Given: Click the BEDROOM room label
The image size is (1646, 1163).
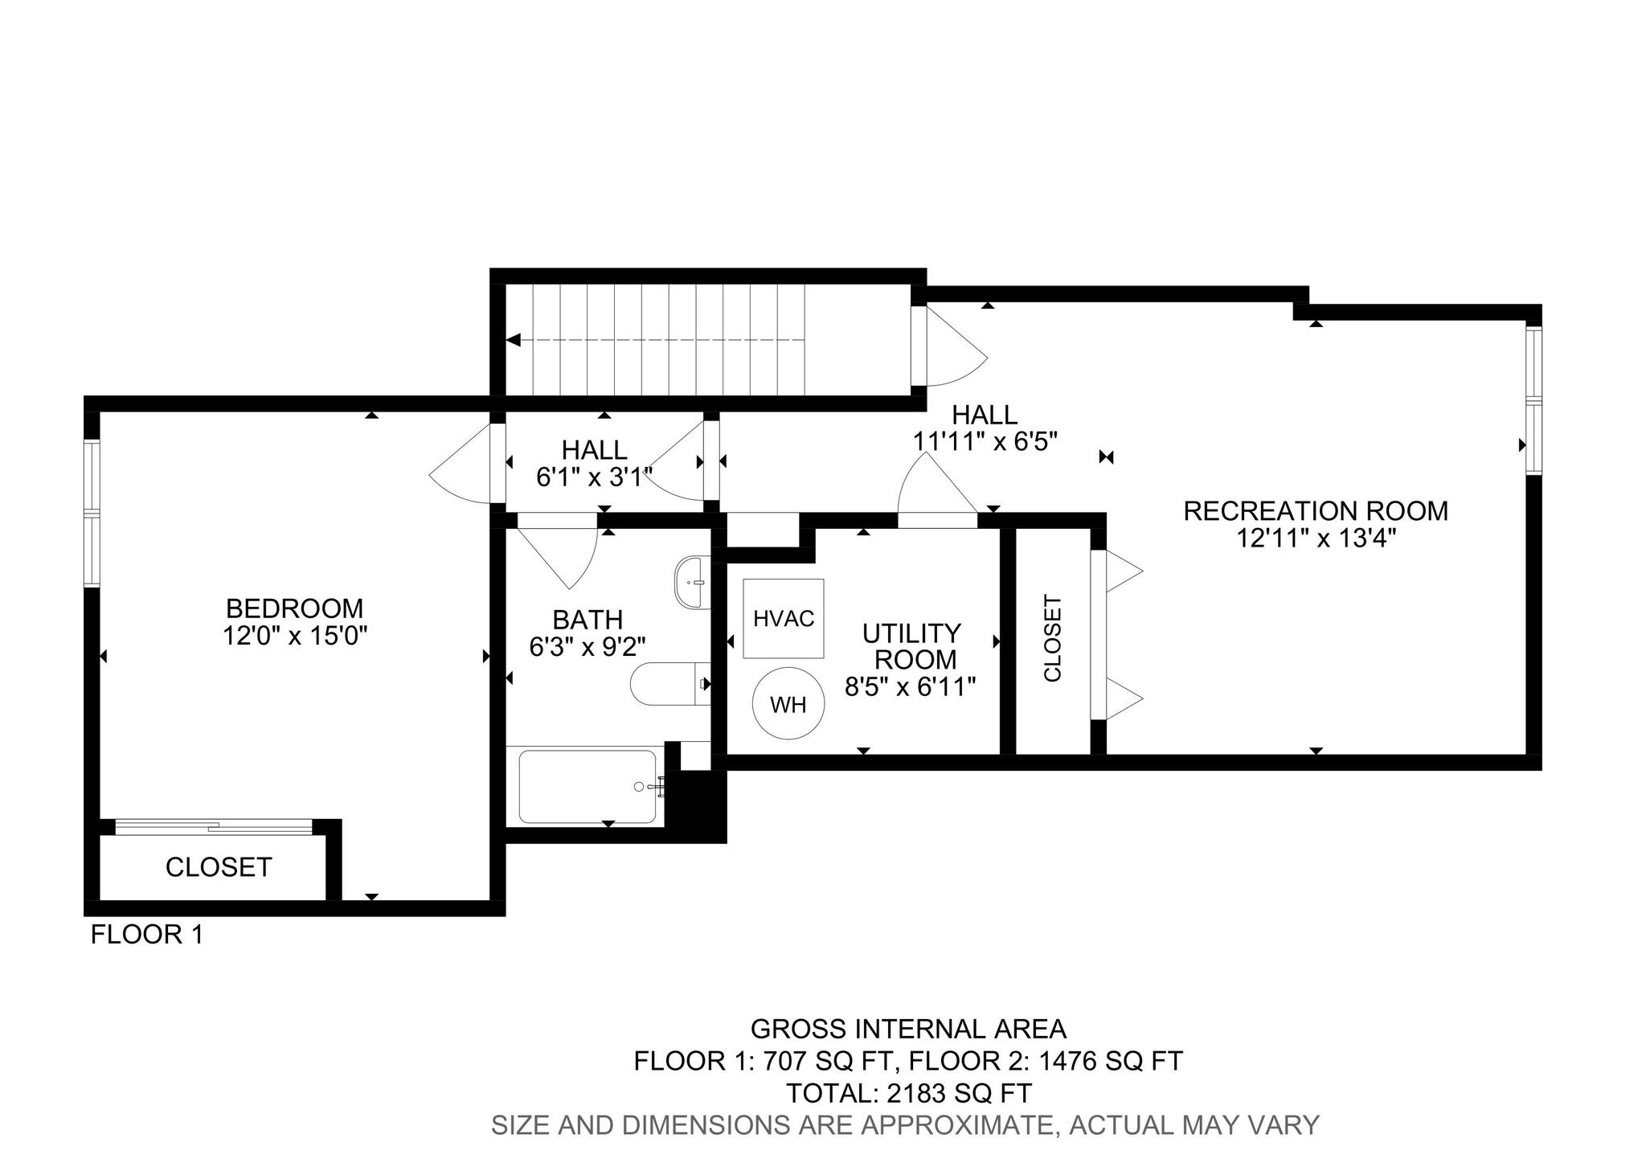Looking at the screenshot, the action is tap(294, 608).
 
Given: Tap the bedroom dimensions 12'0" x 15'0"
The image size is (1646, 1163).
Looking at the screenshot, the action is tap(295, 636).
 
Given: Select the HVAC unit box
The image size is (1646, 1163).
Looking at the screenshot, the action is tap(784, 619).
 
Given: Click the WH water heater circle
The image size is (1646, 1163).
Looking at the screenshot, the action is tap(788, 704).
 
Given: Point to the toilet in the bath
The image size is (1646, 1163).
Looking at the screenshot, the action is tap(670, 684).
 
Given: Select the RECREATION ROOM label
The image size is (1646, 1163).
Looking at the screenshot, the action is tap(1316, 511).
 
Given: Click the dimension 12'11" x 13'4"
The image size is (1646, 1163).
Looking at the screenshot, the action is tap(1316, 538).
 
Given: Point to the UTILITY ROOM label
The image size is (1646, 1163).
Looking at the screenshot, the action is tap(912, 646).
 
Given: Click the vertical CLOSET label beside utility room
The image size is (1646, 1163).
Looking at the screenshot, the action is tap(1052, 638).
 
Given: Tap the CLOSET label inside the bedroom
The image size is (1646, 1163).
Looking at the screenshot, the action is tap(219, 867).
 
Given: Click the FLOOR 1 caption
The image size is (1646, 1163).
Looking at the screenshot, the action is tap(147, 935).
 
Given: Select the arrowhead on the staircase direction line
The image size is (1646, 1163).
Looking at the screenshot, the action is tap(514, 340).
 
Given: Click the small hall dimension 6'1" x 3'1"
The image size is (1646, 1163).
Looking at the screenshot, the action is tap(595, 477).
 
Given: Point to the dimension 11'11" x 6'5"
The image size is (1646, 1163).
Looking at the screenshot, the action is tap(985, 440).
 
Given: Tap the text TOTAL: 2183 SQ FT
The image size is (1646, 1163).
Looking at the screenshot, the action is tap(908, 1093).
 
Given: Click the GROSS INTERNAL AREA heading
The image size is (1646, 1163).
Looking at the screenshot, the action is tap(908, 1029).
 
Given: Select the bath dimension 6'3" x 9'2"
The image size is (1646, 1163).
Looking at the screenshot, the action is tap(588, 646).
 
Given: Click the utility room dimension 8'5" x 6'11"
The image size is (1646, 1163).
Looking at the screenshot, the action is tap(911, 686).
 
